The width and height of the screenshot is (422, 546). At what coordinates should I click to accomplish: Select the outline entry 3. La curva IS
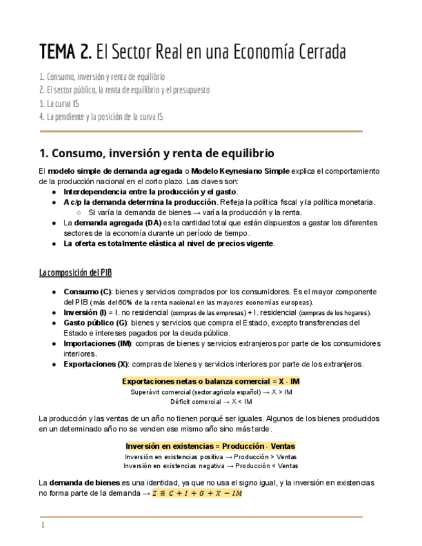(61, 103)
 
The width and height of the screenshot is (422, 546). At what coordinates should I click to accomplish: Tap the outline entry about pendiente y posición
(101, 117)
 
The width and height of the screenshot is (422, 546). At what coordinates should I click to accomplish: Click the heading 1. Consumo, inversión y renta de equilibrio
(157, 153)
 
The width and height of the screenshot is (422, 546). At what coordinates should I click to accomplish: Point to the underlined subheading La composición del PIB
(75, 273)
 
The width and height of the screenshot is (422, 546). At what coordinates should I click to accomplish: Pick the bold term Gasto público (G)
(95, 323)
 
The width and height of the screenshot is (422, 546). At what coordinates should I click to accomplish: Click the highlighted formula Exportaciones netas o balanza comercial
(211, 381)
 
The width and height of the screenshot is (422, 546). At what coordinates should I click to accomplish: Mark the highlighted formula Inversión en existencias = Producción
(211, 446)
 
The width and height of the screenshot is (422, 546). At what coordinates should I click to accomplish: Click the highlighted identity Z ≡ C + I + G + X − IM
(197, 493)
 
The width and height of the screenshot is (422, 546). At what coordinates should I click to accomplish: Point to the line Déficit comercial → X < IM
(211, 401)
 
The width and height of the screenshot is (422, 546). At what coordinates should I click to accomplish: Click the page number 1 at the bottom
(43, 525)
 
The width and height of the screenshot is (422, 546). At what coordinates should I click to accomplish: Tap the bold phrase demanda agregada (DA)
(108, 222)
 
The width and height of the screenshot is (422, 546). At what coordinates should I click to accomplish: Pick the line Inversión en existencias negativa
(211, 466)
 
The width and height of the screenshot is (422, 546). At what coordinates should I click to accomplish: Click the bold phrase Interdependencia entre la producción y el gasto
(149, 192)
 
